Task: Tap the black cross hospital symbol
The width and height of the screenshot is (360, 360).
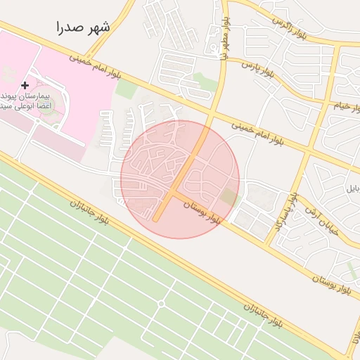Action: coord(25,85)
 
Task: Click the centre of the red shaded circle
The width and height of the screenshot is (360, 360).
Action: coord(180,179)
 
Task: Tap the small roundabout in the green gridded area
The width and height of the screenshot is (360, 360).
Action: coord(161,303)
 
